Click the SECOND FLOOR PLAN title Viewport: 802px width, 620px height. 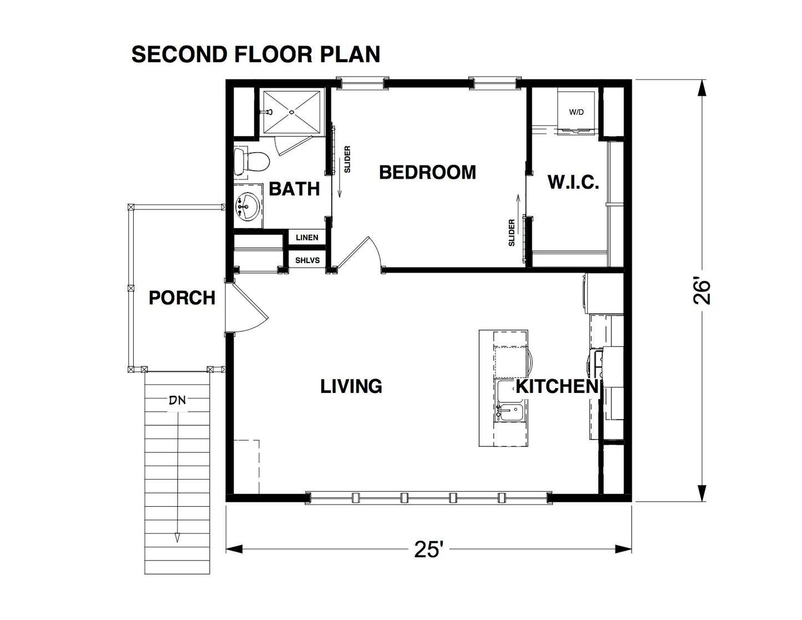coord(256,54)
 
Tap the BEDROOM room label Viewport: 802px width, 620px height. coord(427,173)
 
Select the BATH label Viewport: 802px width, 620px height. coord(294,189)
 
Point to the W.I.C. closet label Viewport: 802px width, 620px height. coord(573,183)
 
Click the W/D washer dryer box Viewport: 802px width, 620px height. coord(577,112)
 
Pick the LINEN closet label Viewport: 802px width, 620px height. coord(307,238)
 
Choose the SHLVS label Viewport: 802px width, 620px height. coord(307,260)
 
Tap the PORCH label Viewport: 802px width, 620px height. coord(182,298)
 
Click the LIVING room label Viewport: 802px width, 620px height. coord(351,386)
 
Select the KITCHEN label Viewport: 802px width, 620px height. coord(557,387)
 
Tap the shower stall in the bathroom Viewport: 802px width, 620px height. coord(291,112)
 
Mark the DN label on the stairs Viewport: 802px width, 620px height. coord(178,400)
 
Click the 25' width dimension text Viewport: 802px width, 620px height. coord(428,550)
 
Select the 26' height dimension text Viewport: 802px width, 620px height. coord(702,291)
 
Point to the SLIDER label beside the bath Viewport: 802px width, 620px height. coord(347,159)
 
